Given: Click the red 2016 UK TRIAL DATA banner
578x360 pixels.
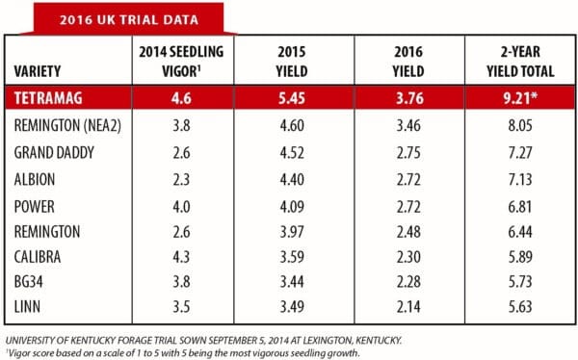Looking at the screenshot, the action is [x=129, y=19].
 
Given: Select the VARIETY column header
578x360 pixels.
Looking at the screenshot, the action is [x=38, y=71].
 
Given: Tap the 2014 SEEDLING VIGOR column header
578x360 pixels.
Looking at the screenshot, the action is [x=181, y=62].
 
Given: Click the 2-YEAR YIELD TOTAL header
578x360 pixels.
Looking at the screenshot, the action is [x=520, y=62].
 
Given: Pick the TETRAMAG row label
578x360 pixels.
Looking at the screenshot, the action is [x=48, y=98].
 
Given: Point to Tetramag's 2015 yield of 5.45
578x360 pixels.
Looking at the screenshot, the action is [x=292, y=98].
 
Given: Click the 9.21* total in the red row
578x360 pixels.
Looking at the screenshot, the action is [x=520, y=98].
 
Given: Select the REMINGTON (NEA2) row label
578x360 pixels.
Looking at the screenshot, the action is [x=67, y=126].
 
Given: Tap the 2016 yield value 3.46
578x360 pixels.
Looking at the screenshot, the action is [x=408, y=126].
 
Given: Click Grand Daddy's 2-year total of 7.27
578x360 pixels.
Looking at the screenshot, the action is [x=520, y=152].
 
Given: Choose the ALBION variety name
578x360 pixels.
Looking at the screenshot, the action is [x=35, y=179].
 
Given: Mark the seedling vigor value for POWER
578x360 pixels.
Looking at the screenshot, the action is [x=181, y=206].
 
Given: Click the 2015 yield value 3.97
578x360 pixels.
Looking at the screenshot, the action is [x=292, y=232].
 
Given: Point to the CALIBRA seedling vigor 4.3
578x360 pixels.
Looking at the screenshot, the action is [x=181, y=257].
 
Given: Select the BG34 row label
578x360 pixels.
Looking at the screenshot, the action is [x=28, y=282].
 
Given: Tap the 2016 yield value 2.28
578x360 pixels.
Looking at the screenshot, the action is [x=408, y=282].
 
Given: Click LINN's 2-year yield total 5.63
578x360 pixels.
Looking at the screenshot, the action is [x=520, y=307].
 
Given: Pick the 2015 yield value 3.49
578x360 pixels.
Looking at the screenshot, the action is [x=292, y=307].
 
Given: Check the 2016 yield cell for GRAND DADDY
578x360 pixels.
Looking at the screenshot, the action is [x=408, y=152].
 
